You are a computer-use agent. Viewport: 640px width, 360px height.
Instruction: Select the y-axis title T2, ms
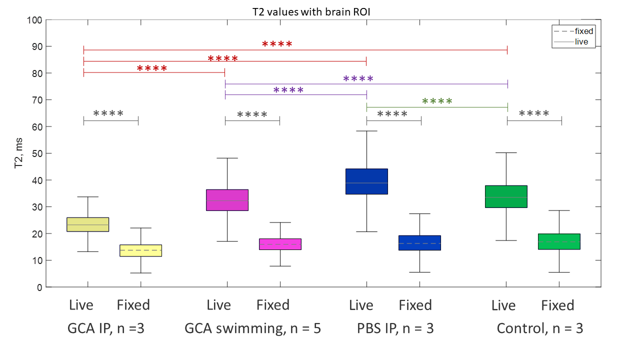19,152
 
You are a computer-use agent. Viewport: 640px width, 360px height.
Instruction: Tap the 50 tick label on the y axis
36,153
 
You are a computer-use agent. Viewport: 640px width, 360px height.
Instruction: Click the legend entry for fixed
583,31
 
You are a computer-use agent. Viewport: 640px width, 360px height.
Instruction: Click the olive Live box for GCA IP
87,224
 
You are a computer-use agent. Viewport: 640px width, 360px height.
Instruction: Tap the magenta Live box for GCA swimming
227,200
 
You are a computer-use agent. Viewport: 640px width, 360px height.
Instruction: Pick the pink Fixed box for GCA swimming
280,244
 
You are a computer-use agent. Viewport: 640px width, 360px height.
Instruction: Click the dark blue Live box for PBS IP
366,181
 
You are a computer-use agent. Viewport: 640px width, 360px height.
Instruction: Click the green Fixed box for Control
559,241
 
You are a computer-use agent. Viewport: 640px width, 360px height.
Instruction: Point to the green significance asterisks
437,101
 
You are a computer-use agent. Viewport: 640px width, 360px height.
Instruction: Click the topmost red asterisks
277,44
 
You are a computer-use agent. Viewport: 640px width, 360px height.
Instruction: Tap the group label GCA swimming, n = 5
252,328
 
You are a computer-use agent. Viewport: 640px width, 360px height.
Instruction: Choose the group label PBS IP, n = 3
395,328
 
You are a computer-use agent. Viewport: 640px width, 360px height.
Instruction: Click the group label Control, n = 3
539,328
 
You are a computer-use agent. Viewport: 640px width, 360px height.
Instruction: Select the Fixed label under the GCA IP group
133,304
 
